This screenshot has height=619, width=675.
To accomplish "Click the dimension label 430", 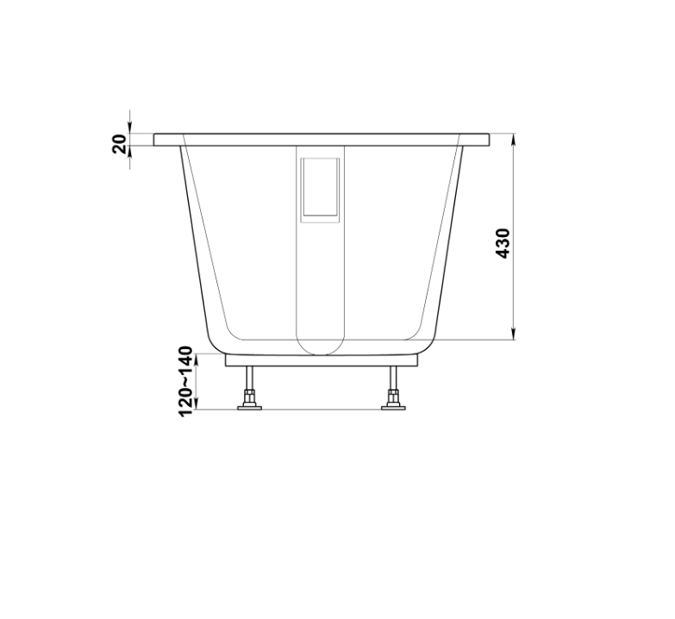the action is tap(503, 244).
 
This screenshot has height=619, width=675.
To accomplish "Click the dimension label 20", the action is tap(120, 144).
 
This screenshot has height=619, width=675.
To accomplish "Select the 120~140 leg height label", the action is tap(185, 381).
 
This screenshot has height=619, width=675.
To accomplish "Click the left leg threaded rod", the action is tap(250, 378).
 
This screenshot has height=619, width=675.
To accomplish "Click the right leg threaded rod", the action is tap(393, 378).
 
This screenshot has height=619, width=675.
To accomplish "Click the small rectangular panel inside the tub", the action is tap(320, 190).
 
